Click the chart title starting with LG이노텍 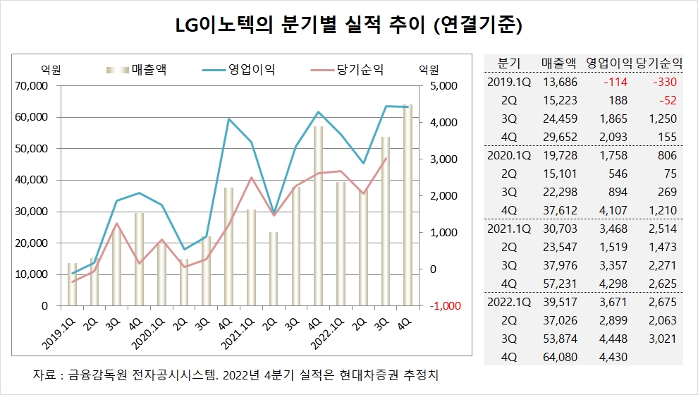point(348,26)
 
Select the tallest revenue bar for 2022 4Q point(407,205)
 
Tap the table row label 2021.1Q point(508,228)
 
